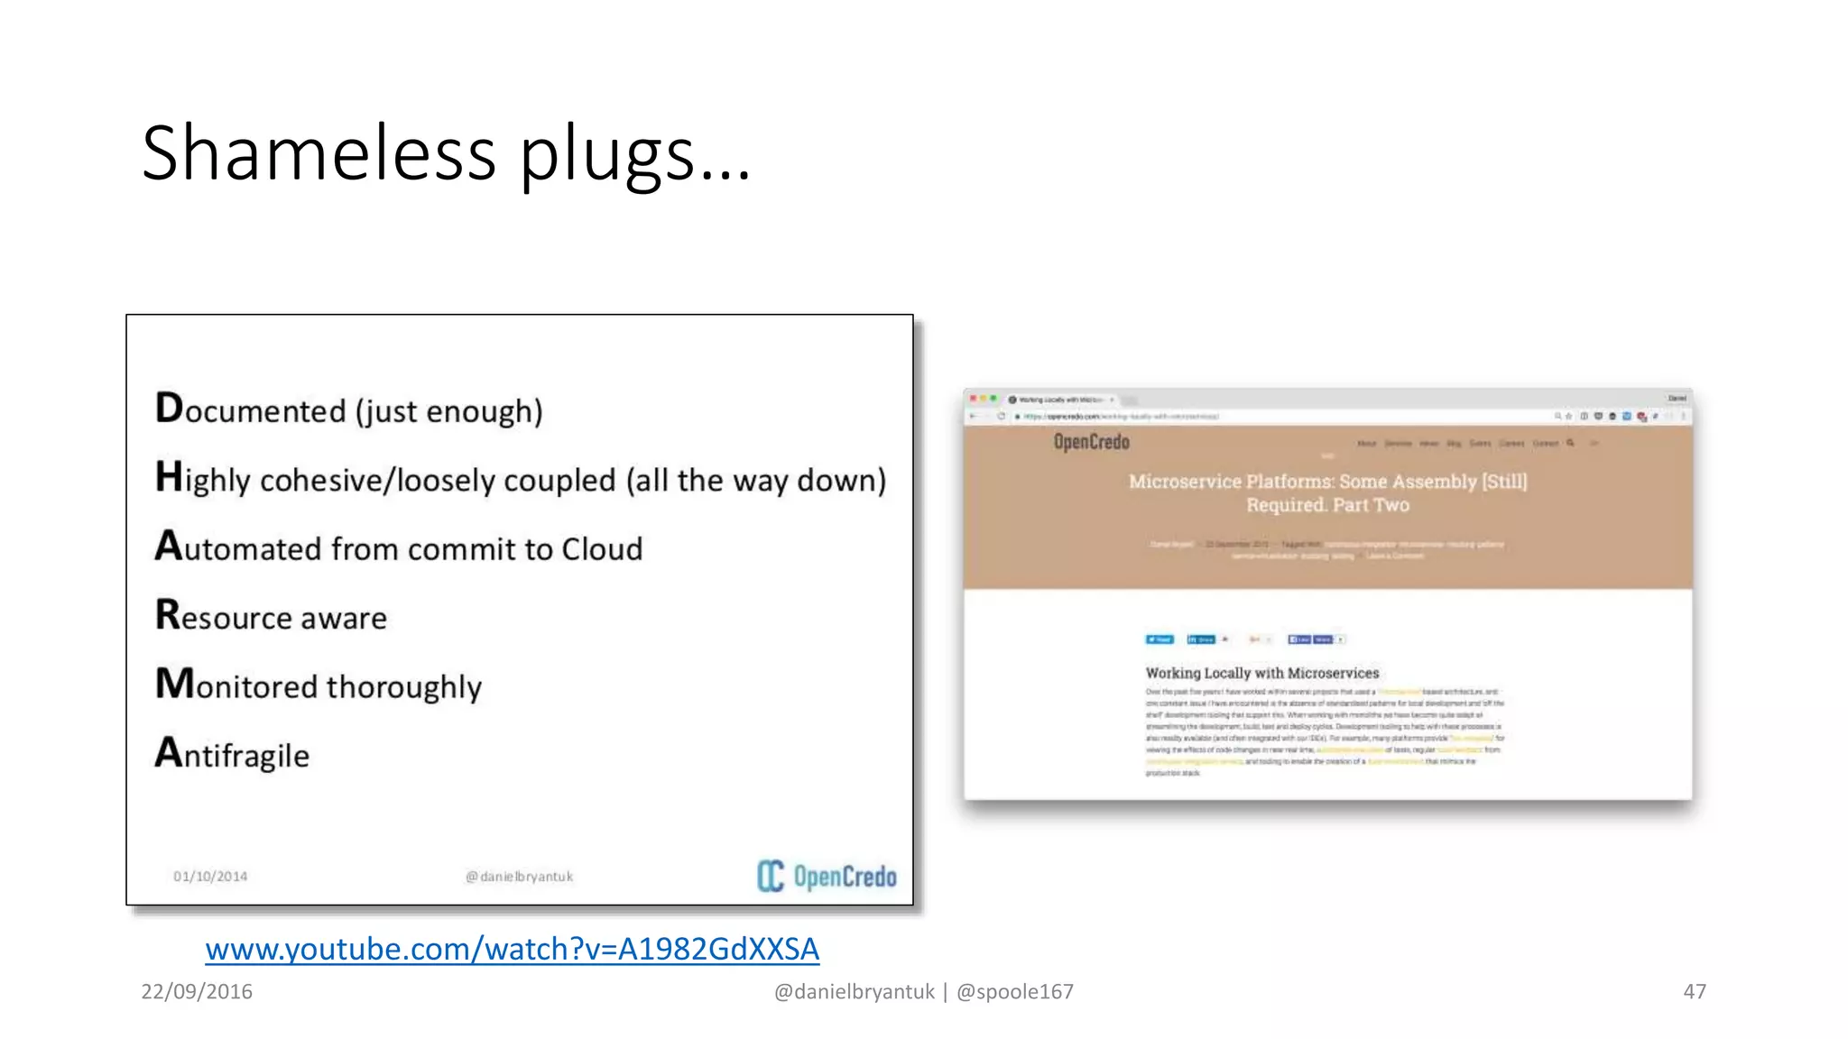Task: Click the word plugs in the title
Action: [606, 155]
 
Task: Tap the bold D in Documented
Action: [169, 408]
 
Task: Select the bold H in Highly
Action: [169, 476]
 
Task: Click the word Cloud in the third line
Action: [602, 548]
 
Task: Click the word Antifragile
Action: [232, 754]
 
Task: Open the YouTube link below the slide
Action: [512, 949]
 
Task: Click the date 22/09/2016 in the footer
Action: [197, 991]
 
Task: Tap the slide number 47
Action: [1695, 991]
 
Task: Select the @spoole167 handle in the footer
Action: [1015, 991]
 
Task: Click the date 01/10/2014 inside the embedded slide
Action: [210, 876]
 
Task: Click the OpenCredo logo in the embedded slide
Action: [827, 876]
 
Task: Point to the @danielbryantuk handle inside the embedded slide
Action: [520, 876]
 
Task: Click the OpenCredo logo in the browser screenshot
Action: [1091, 442]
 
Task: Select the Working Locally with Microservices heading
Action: [1262, 673]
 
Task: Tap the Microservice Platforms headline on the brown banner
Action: [1327, 492]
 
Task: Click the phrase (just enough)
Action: [448, 411]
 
